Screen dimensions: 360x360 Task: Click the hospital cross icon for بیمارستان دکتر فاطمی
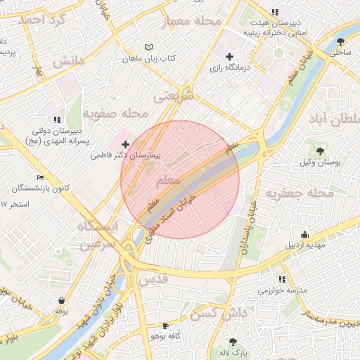point(126,143)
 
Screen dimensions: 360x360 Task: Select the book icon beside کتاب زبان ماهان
point(148,46)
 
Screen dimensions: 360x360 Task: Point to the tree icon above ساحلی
point(341,41)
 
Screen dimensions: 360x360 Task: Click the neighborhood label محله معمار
point(193,22)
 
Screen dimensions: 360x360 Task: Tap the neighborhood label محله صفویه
point(116,112)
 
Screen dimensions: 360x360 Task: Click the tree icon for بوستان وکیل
point(321,150)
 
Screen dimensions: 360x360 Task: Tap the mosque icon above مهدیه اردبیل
point(304,235)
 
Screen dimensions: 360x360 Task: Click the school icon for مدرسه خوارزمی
point(282,279)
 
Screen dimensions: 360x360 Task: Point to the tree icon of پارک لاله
point(233,341)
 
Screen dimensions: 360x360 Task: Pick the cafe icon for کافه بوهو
point(165,326)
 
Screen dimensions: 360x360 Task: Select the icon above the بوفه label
point(63,300)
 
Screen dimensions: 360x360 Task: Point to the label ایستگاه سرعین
point(101,235)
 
